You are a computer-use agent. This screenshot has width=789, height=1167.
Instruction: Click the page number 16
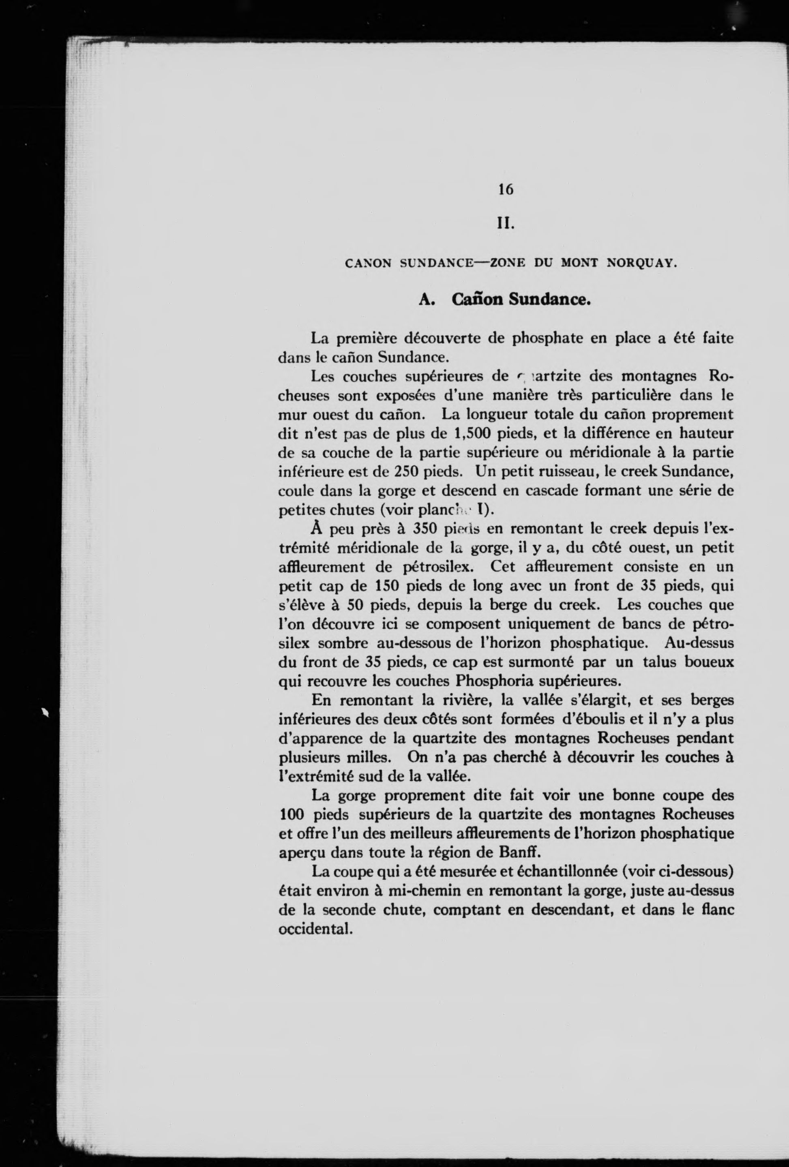pyautogui.click(x=506, y=189)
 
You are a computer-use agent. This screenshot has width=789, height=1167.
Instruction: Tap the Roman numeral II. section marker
pyautogui.click(x=506, y=222)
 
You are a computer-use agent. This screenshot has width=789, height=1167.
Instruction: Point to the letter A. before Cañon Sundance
pyautogui.click(x=426, y=300)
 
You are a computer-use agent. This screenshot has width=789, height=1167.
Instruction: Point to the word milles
pyautogui.click(x=373, y=757)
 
